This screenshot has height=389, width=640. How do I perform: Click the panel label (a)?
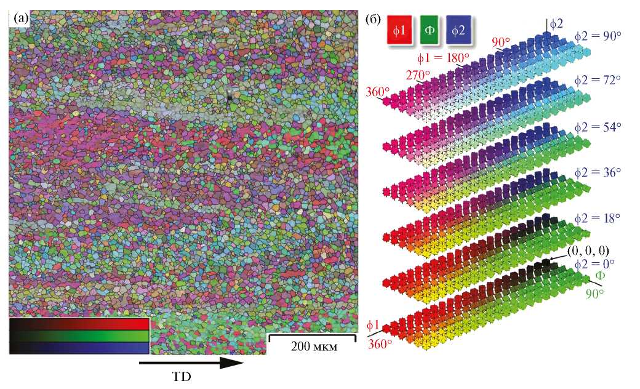[19, 18]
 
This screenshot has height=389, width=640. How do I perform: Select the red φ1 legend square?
[398, 30]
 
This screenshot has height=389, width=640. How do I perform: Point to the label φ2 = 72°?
[598, 80]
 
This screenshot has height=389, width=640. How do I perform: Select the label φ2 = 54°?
[598, 124]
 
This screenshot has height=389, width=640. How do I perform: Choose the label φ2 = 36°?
[598, 168]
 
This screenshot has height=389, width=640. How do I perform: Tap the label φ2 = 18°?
[598, 218]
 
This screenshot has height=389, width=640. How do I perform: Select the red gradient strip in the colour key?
[79, 324]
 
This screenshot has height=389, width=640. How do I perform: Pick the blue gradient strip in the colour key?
[79, 348]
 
